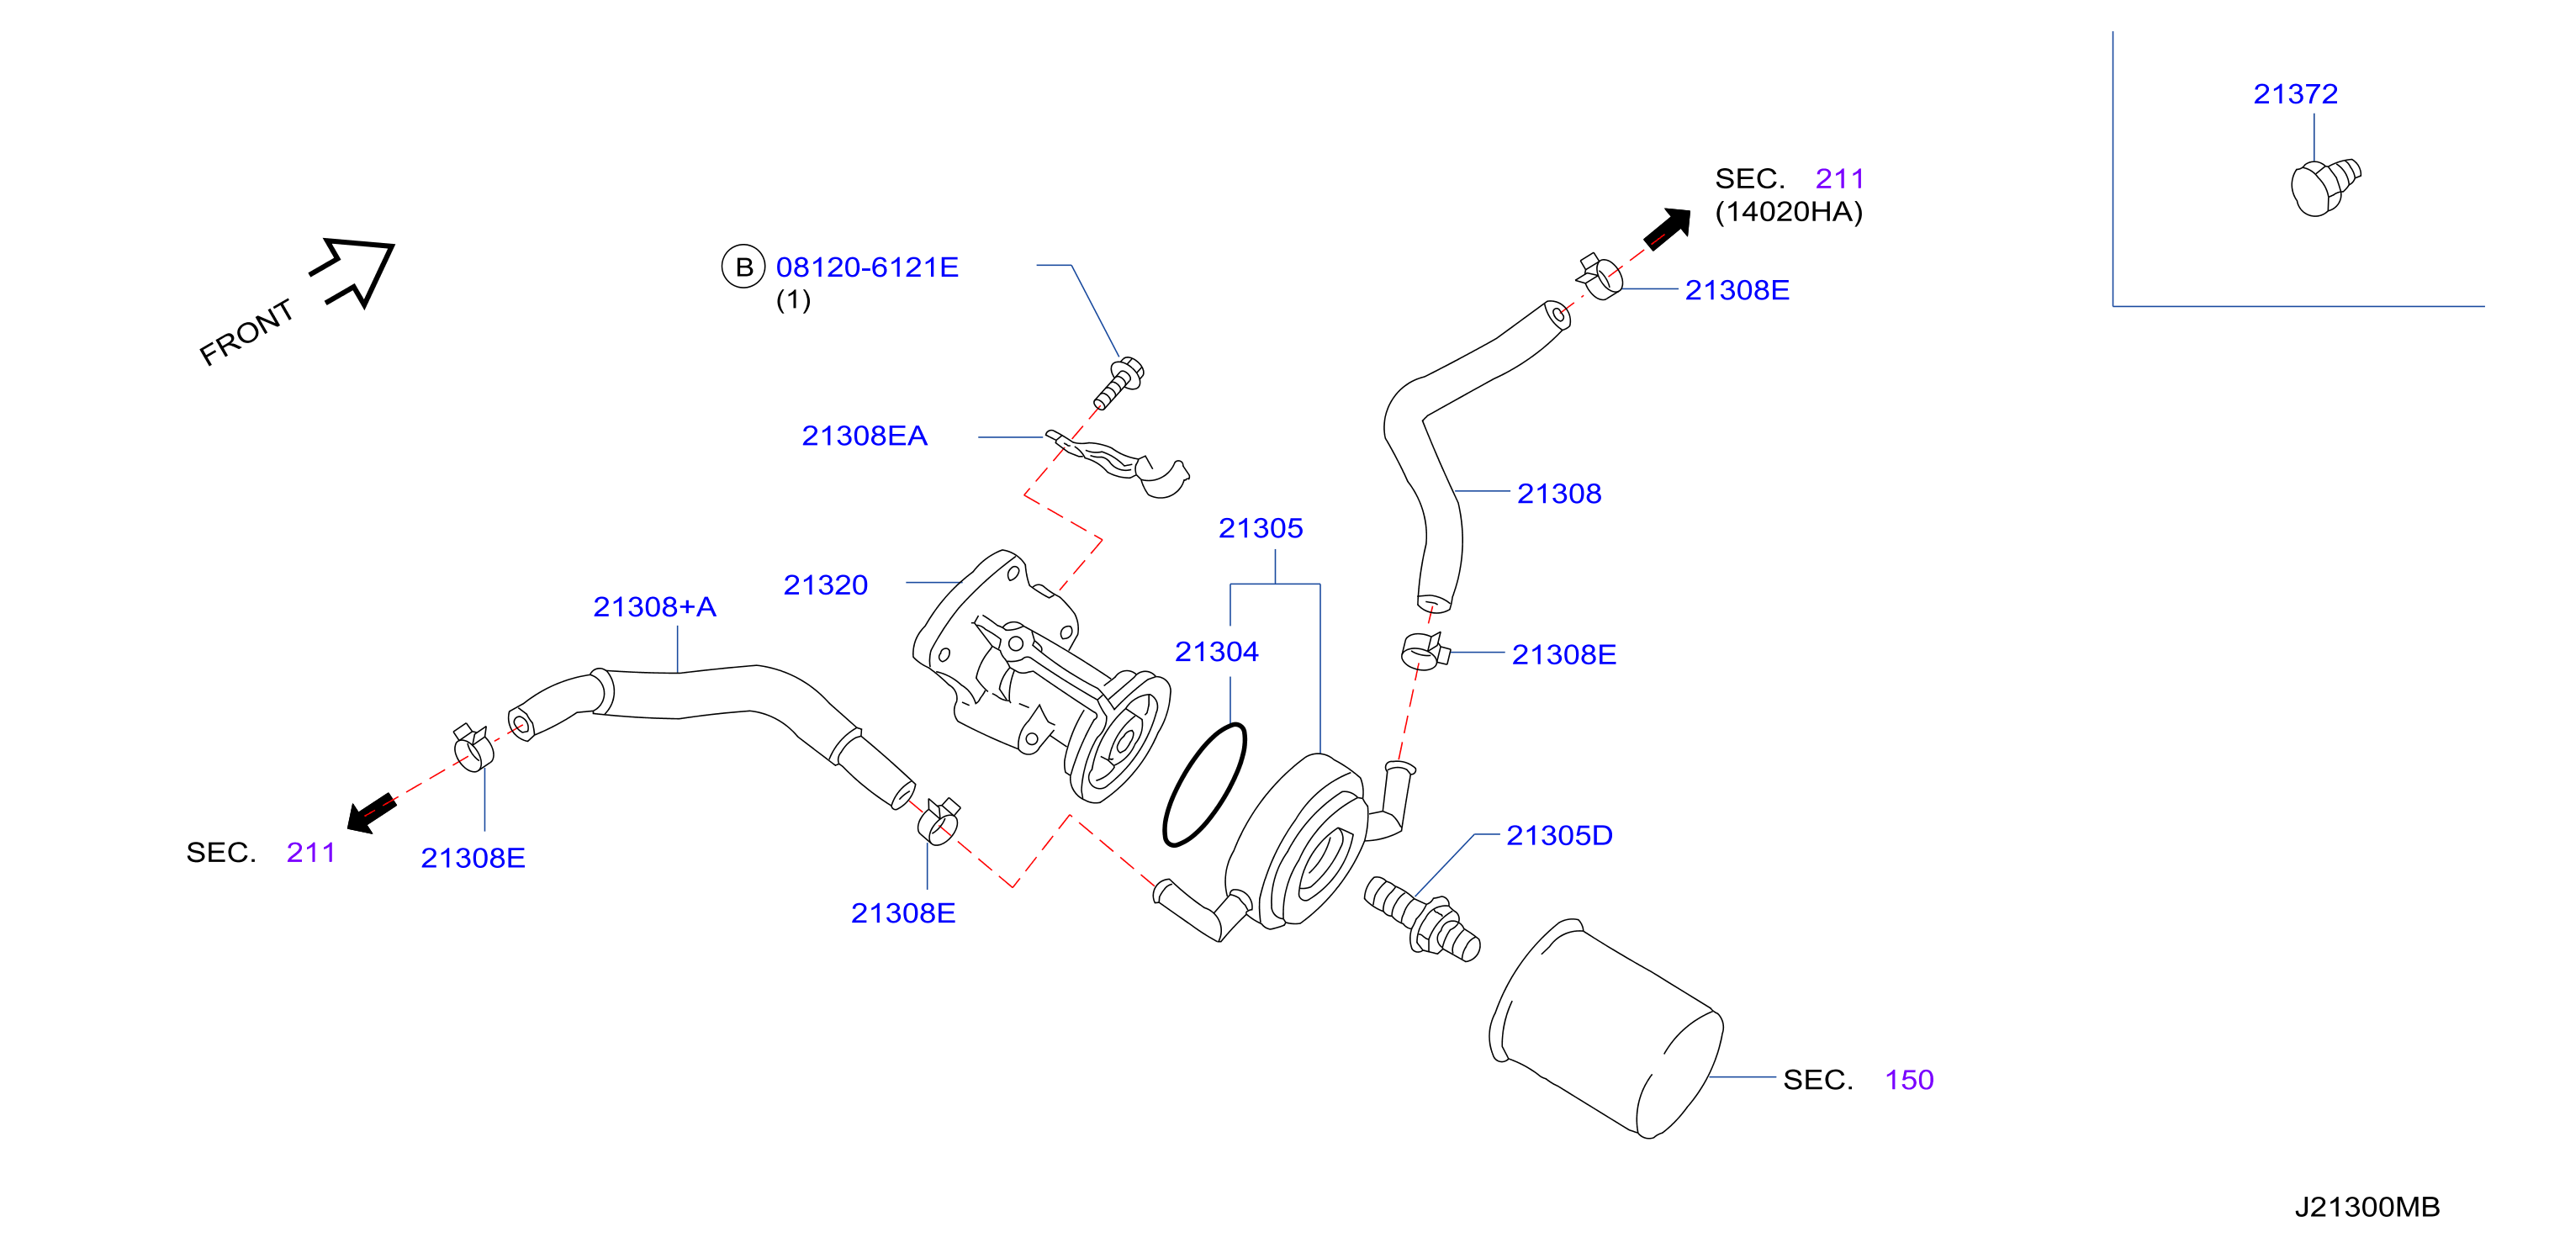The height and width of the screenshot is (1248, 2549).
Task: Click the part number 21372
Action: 2295,94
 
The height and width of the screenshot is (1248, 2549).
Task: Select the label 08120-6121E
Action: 867,267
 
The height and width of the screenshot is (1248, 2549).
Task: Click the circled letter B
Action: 744,267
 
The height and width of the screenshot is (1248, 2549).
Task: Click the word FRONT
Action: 247,332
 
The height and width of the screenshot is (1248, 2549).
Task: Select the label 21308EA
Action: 864,436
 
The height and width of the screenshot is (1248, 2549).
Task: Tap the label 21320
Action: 825,585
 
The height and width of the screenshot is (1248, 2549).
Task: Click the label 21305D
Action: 1558,835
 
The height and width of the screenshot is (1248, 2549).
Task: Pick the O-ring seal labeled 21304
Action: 1204,784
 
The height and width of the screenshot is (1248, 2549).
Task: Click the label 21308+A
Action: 654,606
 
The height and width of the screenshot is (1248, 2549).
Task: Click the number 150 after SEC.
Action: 1909,1080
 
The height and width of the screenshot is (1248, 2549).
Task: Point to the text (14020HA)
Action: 1788,212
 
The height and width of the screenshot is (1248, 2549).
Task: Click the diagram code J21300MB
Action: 2367,1208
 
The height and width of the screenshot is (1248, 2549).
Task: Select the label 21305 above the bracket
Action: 1260,528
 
